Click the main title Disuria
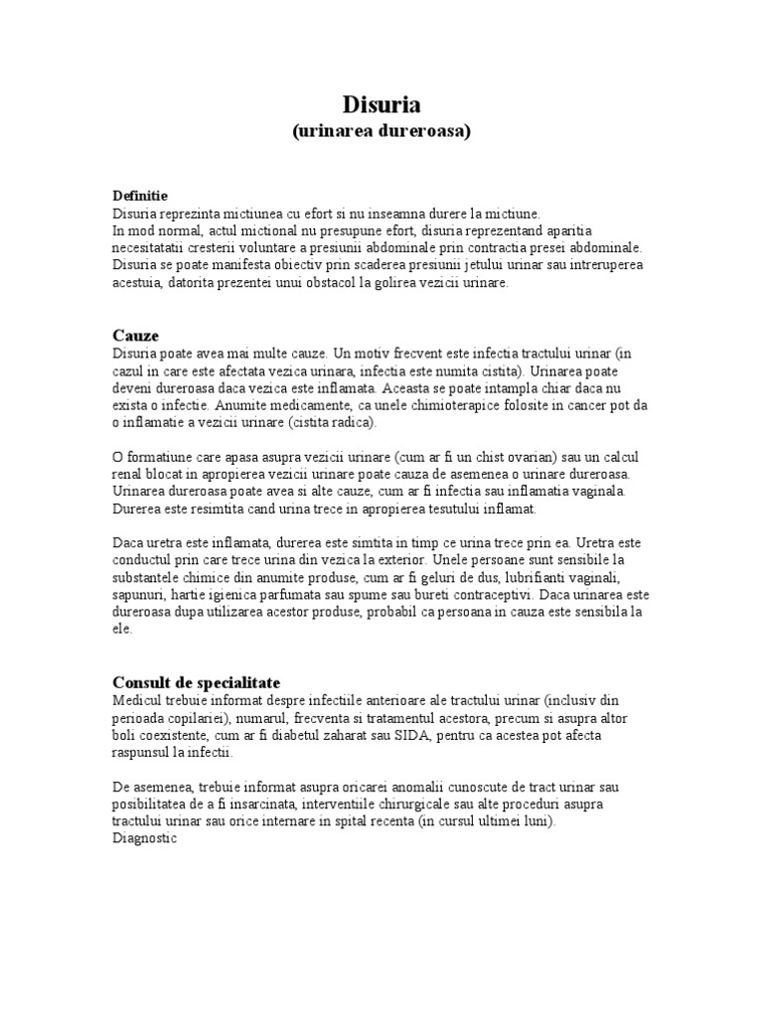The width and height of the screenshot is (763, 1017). pyautogui.click(x=381, y=104)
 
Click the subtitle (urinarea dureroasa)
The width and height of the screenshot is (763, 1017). pyautogui.click(x=381, y=131)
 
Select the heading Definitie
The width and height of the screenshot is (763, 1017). pyautogui.click(x=139, y=196)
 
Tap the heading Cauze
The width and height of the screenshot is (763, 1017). pyautogui.click(x=135, y=336)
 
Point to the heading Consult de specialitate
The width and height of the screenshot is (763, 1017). pyautogui.click(x=196, y=683)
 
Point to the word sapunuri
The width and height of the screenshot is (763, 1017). pyautogui.click(x=139, y=594)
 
